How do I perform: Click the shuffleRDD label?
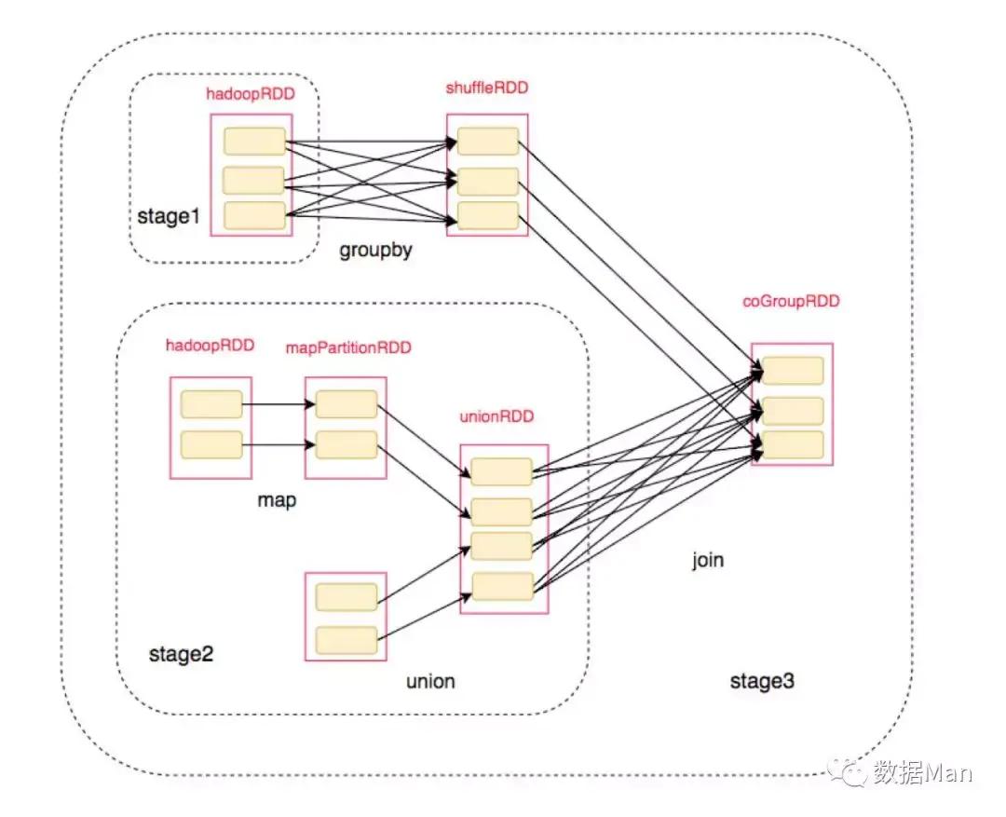[487, 88]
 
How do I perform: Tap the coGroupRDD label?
[791, 301]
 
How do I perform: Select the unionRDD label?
[496, 415]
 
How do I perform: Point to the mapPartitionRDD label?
[348, 347]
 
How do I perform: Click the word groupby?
[376, 250]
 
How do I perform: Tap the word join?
[708, 560]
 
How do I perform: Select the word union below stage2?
[430, 681]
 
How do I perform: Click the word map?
[277, 500]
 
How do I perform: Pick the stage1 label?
[169, 216]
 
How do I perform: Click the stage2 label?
[181, 654]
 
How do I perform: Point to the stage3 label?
[762, 681]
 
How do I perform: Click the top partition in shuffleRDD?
[488, 142]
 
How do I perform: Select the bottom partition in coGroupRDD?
[793, 445]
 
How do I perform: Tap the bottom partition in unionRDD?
[503, 587]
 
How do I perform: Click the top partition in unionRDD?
[502, 471]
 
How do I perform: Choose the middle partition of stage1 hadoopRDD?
[253, 181]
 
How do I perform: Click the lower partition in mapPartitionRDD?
[347, 444]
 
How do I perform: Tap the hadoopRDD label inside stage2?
[211, 346]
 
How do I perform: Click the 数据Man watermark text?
[922, 772]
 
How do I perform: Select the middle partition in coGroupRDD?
[793, 412]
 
